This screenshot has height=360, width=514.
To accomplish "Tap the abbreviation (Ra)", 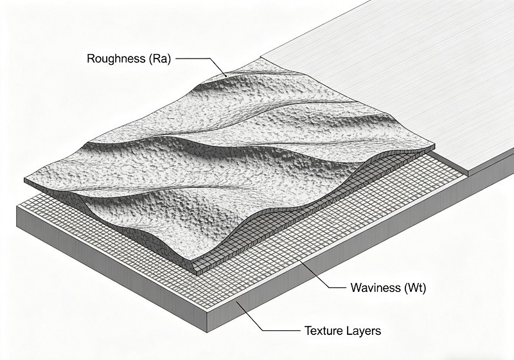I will point(157,59).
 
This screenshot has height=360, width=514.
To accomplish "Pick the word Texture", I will point(326,332).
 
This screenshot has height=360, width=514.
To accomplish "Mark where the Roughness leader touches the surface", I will point(226,77).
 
